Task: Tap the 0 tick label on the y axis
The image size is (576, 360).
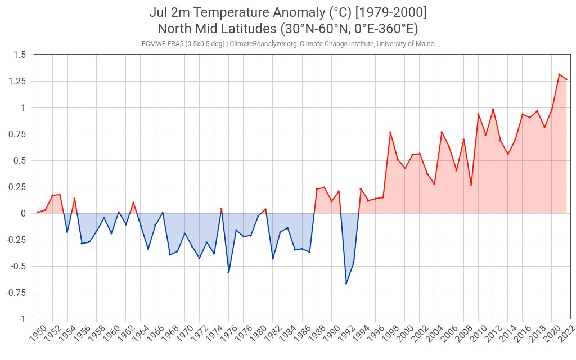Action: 23,213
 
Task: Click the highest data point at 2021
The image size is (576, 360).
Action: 559,74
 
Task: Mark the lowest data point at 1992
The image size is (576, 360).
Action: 346,283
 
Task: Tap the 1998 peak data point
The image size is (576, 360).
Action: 390,132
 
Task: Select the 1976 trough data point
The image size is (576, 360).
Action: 228,272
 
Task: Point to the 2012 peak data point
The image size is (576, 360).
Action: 493,109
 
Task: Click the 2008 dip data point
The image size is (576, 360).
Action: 471,184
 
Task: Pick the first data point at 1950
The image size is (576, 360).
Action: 38,212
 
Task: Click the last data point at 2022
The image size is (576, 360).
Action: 566,79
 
